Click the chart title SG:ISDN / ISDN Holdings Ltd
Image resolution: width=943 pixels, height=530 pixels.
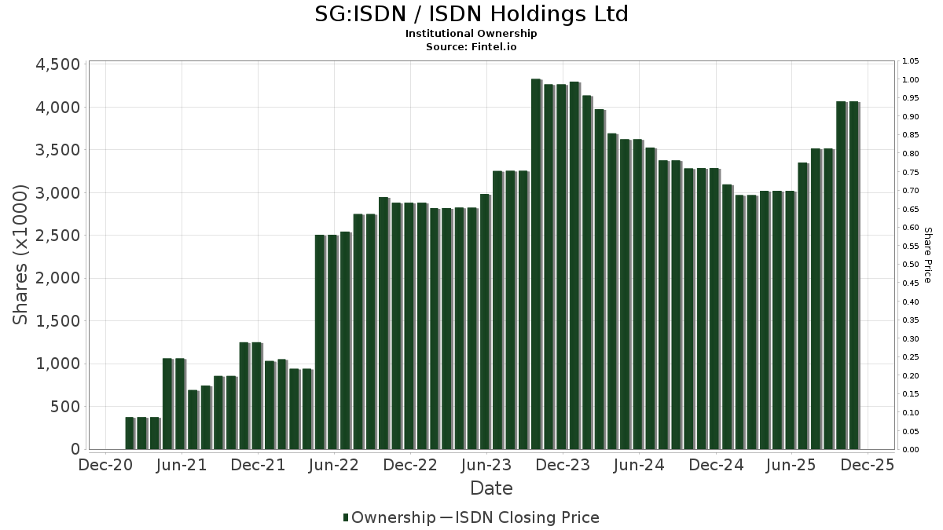[472, 14]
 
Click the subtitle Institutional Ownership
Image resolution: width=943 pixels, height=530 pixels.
[472, 34]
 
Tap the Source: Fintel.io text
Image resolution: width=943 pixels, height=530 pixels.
[472, 47]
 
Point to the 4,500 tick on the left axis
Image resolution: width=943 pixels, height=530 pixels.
[58, 64]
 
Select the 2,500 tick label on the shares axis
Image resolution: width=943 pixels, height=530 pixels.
[58, 236]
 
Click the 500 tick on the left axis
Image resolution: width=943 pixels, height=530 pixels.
[66, 407]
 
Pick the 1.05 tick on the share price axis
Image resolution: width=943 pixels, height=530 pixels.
[910, 61]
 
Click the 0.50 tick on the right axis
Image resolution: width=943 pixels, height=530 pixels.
[910, 265]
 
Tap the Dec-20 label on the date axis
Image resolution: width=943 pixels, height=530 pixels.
[105, 465]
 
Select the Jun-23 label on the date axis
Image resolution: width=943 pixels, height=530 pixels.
[486, 465]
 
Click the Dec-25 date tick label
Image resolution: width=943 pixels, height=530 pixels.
[868, 465]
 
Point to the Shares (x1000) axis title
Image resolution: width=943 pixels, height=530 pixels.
[21, 255]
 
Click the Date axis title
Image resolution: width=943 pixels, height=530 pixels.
[491, 488]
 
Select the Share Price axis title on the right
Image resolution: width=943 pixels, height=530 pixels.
[927, 255]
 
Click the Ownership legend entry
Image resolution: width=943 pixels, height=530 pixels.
[389, 517]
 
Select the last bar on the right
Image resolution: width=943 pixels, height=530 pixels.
[853, 276]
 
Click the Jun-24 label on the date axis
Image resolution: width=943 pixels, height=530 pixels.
[639, 465]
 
